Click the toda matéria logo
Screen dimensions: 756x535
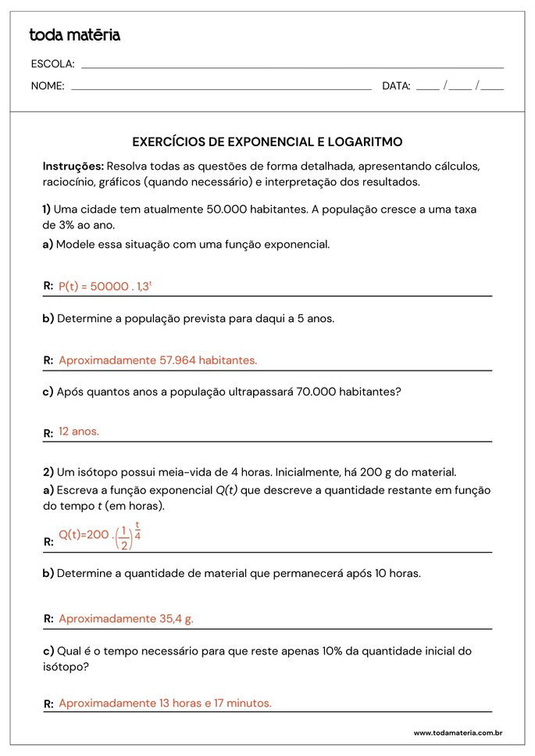[74, 35]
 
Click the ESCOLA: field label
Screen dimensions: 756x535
[52, 64]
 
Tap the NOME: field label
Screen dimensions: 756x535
[48, 86]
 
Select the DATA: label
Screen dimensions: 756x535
[396, 86]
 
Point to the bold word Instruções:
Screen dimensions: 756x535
[73, 167]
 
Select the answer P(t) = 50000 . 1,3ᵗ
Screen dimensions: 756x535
[105, 286]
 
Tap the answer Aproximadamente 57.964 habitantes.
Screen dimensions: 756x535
[158, 360]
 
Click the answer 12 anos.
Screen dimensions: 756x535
[79, 432]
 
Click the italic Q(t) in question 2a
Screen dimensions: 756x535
[226, 491]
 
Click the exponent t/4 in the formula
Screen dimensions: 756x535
[137, 530]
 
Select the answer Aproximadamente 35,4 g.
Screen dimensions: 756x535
[126, 618]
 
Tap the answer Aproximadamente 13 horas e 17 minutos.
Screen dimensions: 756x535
[165, 703]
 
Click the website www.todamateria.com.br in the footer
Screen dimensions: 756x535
[457, 733]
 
